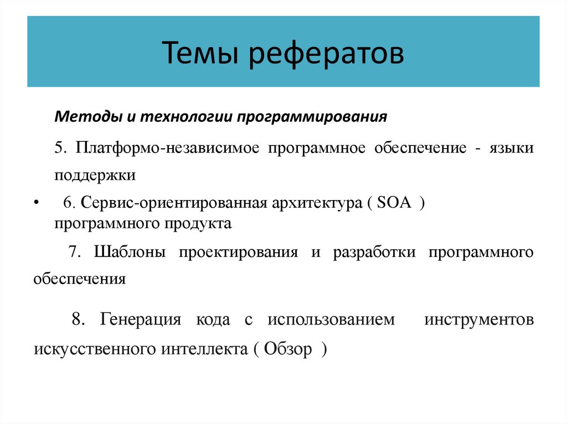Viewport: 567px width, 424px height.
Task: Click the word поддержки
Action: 95,175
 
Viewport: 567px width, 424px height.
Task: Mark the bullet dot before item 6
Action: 36,203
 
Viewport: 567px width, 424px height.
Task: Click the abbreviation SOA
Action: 394,203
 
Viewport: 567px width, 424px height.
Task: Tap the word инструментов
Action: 479,320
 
